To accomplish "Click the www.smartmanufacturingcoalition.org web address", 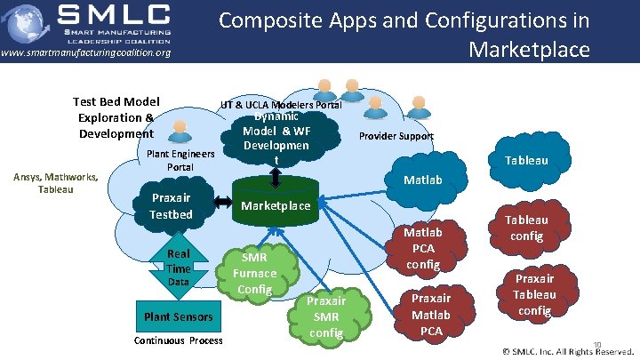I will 85,53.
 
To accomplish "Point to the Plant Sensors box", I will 179,316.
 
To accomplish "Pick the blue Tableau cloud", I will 551,161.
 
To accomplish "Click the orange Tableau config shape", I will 528,228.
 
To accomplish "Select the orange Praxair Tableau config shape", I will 534,294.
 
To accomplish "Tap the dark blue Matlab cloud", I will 423,180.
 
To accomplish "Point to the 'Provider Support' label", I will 396,136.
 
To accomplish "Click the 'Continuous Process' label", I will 179,341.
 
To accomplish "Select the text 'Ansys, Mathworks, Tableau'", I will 54,182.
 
